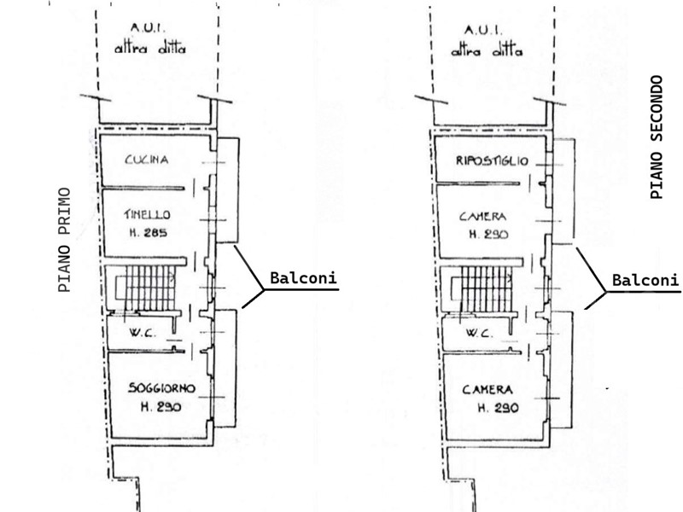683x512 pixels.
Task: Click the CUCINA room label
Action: [146, 160]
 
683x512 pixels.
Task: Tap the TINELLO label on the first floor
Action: [147, 214]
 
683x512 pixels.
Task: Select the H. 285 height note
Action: [148, 233]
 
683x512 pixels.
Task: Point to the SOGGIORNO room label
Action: [161, 388]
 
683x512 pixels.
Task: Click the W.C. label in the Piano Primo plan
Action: [142, 334]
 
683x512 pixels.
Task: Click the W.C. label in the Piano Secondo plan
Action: [480, 334]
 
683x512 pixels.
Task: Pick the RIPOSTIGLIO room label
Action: [492, 160]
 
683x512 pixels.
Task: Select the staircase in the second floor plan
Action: [482, 288]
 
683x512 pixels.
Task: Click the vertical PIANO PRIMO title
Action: [65, 240]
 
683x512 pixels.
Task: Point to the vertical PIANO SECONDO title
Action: [657, 137]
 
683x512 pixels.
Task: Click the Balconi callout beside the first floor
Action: [304, 278]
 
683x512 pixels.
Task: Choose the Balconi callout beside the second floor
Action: [645, 280]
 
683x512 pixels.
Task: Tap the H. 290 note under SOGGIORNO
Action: [161, 407]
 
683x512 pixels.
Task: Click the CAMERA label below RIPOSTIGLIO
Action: [482, 217]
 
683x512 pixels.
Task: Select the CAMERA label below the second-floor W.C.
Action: [487, 389]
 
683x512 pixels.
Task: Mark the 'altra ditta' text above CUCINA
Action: [150, 49]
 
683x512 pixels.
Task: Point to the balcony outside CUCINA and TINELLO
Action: [228, 190]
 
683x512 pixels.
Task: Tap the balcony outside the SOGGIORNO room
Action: [225, 369]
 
